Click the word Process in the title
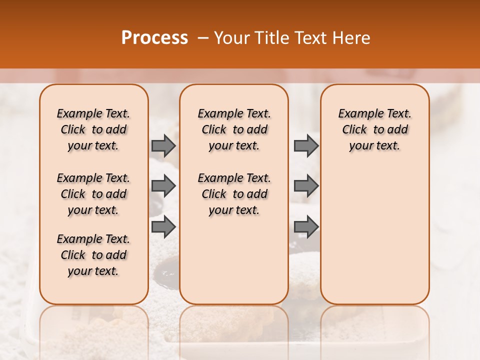154,38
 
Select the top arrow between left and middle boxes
163,145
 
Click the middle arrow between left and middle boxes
163,186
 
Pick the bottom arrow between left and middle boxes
163,227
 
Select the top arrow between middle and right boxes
306,145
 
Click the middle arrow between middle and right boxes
306,186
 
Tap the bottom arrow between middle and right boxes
306,227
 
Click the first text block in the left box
93,129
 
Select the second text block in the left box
93,194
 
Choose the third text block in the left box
93,255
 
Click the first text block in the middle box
234,129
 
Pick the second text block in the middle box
234,194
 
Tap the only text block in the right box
374,129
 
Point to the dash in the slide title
203,38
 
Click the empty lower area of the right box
374,240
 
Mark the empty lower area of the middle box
234,260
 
